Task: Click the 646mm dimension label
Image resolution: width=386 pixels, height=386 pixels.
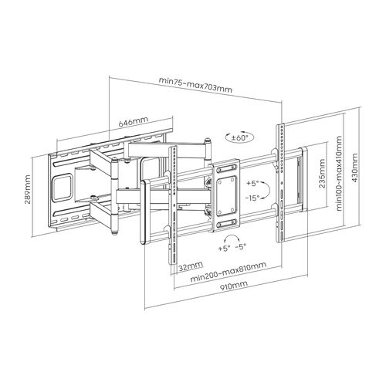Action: [x=134, y=122]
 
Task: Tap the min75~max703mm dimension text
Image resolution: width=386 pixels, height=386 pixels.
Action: [x=195, y=85]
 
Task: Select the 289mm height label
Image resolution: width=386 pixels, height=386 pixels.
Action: [x=28, y=189]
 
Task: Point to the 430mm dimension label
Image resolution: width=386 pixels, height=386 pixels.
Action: [x=355, y=168]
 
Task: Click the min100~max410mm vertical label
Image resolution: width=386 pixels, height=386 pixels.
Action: [x=339, y=174]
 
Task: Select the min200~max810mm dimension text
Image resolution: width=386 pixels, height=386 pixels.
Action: [x=228, y=273]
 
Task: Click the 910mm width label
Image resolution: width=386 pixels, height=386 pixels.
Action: [x=234, y=286]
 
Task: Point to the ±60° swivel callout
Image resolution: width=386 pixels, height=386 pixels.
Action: [x=240, y=138]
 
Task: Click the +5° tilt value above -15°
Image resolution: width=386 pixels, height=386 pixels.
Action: [x=252, y=184]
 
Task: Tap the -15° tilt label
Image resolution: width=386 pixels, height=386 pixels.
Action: [x=252, y=198]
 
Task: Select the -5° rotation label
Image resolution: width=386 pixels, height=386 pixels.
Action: [x=241, y=247]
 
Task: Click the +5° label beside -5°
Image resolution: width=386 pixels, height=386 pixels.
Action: [x=224, y=249]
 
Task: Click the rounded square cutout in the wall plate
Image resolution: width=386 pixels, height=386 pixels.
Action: [x=63, y=188]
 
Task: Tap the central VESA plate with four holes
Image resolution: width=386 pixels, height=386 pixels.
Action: [x=226, y=196]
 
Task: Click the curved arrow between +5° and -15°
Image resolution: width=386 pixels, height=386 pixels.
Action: [x=269, y=191]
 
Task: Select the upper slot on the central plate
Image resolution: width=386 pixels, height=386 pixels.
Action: [x=226, y=169]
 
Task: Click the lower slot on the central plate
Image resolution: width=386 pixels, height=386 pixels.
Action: [x=226, y=223]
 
